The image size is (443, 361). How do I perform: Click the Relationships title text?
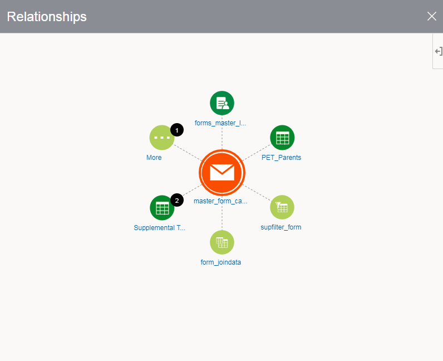click(47, 17)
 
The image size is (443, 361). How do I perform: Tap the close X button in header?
click(431, 16)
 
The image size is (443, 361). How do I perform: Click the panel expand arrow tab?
click(438, 51)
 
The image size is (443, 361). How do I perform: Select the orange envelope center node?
click(222, 173)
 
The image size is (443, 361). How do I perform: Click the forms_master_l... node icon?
click(222, 103)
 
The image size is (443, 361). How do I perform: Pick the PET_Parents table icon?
click(282, 138)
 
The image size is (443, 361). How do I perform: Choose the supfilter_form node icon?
click(282, 207)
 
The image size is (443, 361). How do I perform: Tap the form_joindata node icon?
click(222, 242)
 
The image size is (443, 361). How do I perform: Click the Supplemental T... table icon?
click(162, 208)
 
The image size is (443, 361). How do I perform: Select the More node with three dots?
click(161, 138)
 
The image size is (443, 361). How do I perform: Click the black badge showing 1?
click(177, 130)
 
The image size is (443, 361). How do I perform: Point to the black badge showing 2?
click(177, 200)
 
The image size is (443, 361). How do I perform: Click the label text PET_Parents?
click(281, 158)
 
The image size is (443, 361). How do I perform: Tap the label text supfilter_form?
click(281, 227)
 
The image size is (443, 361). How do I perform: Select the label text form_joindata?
click(221, 262)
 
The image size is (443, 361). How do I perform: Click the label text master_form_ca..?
click(220, 201)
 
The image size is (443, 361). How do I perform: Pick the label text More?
click(154, 158)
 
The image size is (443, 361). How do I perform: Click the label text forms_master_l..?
click(220, 123)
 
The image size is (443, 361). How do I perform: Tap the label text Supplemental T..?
click(160, 228)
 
